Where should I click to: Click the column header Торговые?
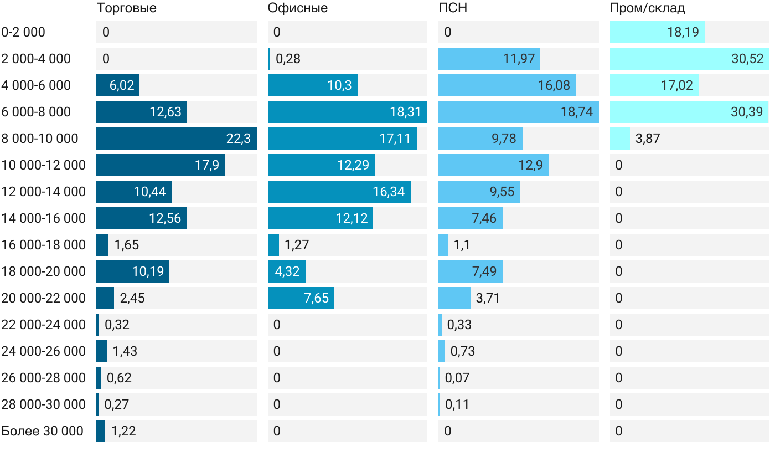click(126, 8)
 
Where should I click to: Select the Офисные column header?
click(297, 8)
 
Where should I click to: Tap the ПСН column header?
click(449, 8)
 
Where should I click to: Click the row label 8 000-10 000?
click(40, 139)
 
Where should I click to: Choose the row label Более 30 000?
click(42, 431)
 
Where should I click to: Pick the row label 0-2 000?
click(23, 32)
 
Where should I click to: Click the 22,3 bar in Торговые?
click(176, 139)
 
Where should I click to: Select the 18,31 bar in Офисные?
click(347, 112)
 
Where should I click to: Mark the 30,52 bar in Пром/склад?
click(689, 59)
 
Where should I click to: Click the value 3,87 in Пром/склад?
click(648, 139)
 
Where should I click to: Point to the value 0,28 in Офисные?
click(288, 59)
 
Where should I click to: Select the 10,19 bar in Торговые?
click(133, 271)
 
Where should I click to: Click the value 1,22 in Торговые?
click(123, 431)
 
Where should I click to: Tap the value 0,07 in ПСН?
click(457, 378)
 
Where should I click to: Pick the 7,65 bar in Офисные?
click(301, 298)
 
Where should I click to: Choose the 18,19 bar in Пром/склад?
click(658, 32)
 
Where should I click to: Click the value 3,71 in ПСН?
click(488, 298)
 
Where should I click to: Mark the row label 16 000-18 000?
click(44, 245)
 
